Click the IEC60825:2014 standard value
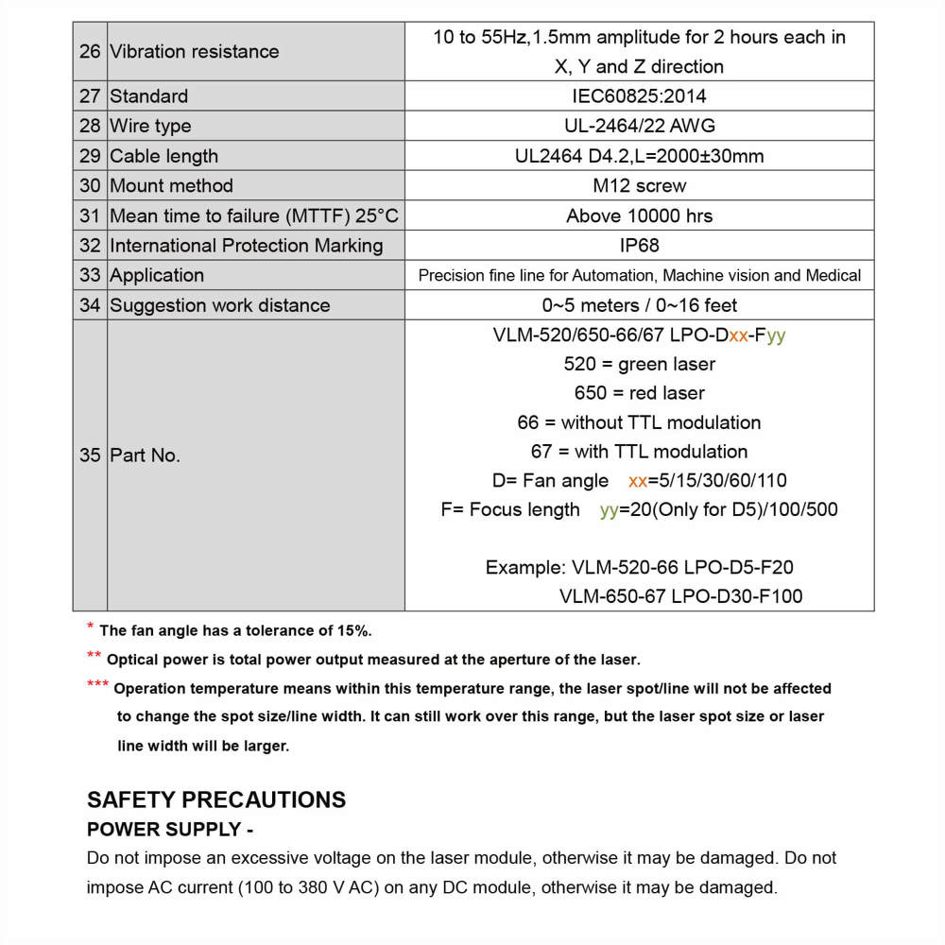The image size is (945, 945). coord(639,96)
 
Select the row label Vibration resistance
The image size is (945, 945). coord(194,52)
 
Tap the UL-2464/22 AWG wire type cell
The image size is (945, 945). coord(639,126)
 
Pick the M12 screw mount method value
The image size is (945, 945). coord(639,186)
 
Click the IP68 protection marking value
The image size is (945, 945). coord(639,246)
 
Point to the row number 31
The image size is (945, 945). coord(90,216)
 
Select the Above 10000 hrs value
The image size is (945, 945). coord(639,216)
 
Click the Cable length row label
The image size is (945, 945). coord(163,156)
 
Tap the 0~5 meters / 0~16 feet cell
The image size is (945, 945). coord(639,305)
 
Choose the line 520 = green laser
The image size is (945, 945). coord(639,364)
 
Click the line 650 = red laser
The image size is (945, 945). coord(639,393)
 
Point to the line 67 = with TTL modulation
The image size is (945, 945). coord(639,452)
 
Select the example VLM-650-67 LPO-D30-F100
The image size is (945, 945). coord(680,596)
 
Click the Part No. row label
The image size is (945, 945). coord(145,455)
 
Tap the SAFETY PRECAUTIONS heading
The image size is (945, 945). coord(216,800)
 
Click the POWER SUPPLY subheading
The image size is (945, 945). coord(170,830)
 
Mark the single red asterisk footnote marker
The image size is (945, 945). coord(90,627)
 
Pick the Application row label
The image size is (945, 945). coord(157,276)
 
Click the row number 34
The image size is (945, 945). coord(90,305)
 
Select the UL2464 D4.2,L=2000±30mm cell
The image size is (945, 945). coord(639,156)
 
